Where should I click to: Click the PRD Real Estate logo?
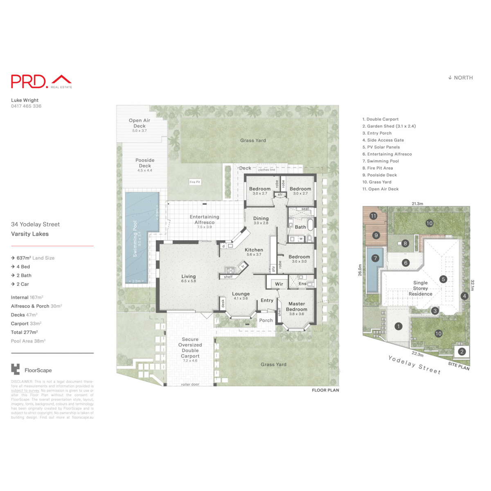click(x=41, y=81)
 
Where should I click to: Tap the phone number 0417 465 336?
click(x=26, y=106)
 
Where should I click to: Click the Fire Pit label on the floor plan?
click(x=195, y=182)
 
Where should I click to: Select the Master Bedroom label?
click(x=297, y=306)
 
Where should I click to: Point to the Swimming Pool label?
click(x=135, y=239)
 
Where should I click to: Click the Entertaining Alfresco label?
click(x=205, y=220)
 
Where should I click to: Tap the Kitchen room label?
click(x=254, y=250)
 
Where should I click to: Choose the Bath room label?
click(x=300, y=227)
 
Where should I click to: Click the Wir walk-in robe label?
click(x=279, y=284)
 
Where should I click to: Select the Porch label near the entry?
click(x=266, y=320)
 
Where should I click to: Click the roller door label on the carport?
click(x=190, y=385)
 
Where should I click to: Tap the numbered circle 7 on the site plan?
click(x=375, y=258)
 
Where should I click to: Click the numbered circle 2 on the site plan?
click(x=462, y=351)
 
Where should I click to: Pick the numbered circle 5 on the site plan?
click(x=443, y=279)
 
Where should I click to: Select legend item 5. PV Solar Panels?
click(x=381, y=147)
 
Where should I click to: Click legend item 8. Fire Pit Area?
click(x=377, y=168)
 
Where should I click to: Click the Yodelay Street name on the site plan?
click(x=414, y=365)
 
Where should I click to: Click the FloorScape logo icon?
click(x=16, y=369)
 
